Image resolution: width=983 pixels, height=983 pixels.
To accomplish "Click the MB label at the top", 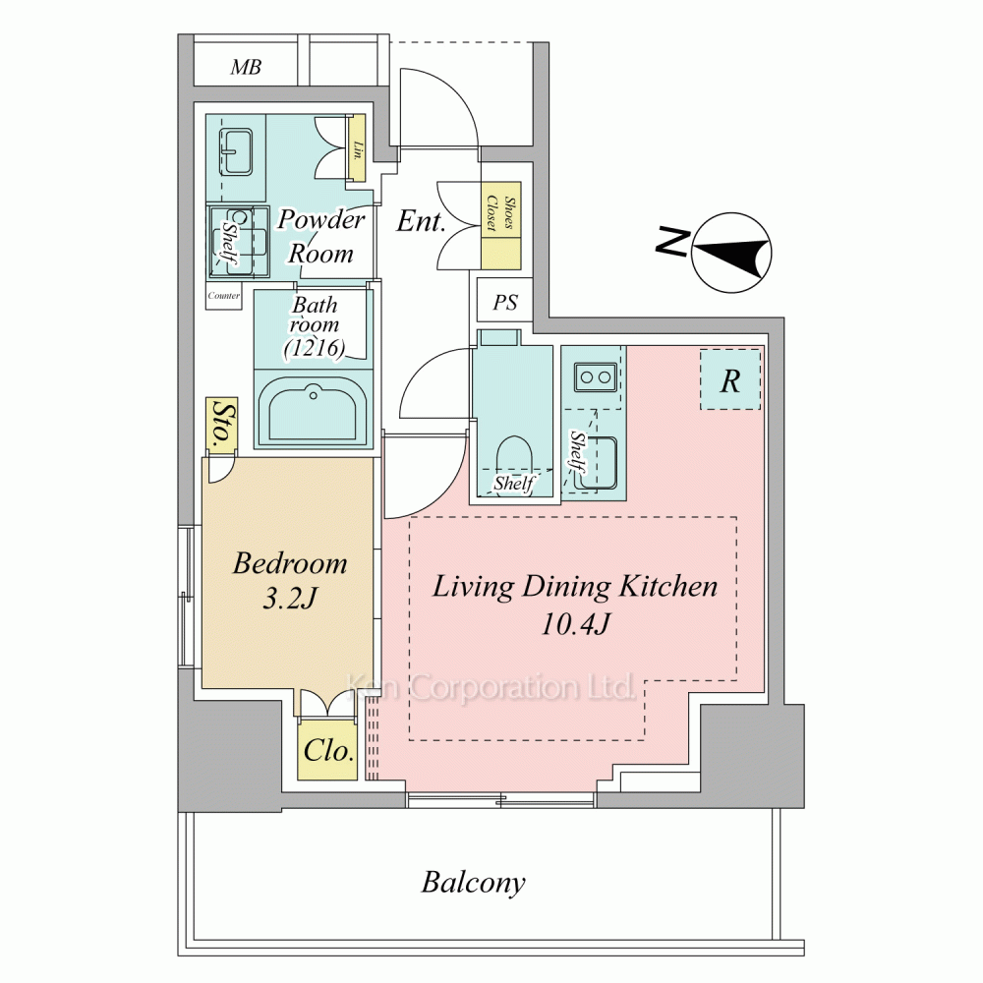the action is [x=246, y=67].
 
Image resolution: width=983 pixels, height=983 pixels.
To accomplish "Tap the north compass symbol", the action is [x=731, y=253].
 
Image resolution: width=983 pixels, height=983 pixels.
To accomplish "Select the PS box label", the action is [x=505, y=303].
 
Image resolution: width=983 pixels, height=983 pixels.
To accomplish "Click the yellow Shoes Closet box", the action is [x=501, y=226].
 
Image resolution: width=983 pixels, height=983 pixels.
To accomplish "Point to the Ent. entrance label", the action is [x=421, y=220].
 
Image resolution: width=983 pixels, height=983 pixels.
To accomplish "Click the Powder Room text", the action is [x=321, y=236].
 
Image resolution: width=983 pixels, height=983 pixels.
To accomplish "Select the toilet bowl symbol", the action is [x=513, y=460].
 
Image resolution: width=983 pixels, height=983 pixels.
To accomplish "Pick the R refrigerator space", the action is [x=730, y=379].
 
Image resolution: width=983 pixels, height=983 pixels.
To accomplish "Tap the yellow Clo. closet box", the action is [x=327, y=750].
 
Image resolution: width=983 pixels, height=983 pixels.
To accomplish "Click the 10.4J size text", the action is [x=575, y=624].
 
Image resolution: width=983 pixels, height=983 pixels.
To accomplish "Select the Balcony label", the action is [x=474, y=883].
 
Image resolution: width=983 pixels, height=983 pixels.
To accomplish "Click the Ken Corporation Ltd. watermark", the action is [x=491, y=687].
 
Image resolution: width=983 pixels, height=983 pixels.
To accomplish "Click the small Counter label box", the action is [x=223, y=296].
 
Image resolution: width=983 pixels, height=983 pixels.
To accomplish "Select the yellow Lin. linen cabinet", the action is [x=358, y=148].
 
